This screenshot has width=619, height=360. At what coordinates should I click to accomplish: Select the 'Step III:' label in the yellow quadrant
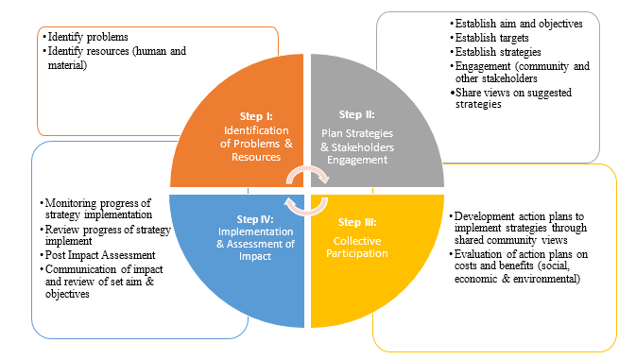coord(358,223)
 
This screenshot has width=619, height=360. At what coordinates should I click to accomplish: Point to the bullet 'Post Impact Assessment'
coord(103,255)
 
